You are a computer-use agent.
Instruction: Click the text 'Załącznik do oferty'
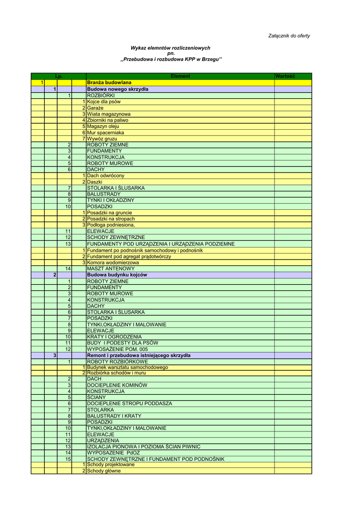tap(289, 36)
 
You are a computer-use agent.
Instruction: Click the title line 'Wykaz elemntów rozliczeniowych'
tap(170, 48)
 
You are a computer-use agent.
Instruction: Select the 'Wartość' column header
tap(285, 76)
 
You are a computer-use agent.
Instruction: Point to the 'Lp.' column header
tap(58, 76)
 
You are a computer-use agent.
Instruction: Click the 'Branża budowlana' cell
tap(109, 82)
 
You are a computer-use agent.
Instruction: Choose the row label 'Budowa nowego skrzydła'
tap(117, 89)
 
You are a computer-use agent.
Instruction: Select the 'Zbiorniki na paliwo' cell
tap(107, 120)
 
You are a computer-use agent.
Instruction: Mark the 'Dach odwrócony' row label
tap(105, 175)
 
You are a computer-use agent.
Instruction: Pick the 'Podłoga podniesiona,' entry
tap(111, 225)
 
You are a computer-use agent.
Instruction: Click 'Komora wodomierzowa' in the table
tap(113, 262)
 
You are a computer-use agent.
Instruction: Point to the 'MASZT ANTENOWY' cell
tap(110, 268)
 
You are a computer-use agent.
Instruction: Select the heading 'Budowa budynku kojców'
tap(117, 275)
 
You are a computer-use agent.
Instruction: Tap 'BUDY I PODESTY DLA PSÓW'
tap(123, 343)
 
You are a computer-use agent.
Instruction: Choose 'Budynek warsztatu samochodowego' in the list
tap(127, 367)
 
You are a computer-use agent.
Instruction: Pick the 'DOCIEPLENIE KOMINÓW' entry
tap(117, 385)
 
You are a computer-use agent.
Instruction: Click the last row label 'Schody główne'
tap(103, 471)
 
